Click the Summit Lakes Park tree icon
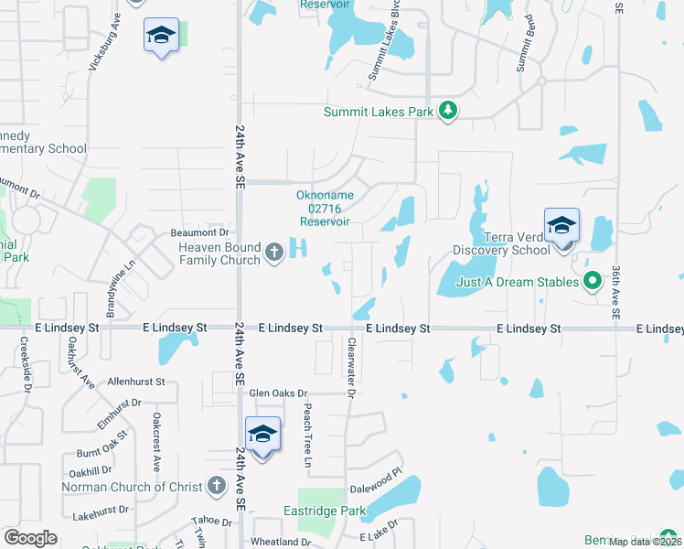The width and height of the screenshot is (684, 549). pos(447,112)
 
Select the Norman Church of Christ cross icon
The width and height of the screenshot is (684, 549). pos(216,486)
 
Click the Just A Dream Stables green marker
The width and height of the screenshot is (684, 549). pos(592,280)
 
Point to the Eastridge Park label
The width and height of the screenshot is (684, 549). pos(325,511)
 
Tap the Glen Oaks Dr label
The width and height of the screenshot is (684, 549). pos(279,393)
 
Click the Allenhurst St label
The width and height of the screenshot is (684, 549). pos(135,381)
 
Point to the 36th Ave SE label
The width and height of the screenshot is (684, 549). pos(616,293)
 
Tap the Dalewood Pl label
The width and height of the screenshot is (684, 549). pos(376,477)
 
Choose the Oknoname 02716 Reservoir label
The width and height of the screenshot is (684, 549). pos(324,208)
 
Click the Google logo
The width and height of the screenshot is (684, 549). pos(30,538)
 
